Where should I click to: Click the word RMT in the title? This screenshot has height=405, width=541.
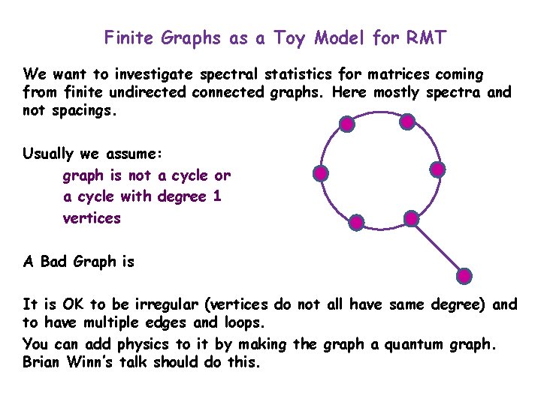[x=426, y=37]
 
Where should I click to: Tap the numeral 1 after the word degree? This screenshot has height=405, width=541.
[x=218, y=196]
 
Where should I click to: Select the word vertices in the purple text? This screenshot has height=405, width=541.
[x=92, y=218]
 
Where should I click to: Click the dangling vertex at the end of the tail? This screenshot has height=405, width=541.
[x=465, y=276]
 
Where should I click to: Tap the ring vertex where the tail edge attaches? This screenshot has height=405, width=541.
[x=411, y=218]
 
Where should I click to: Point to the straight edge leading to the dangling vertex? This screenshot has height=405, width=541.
[x=438, y=247]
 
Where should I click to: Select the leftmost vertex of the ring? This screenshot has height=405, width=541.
[x=321, y=174]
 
